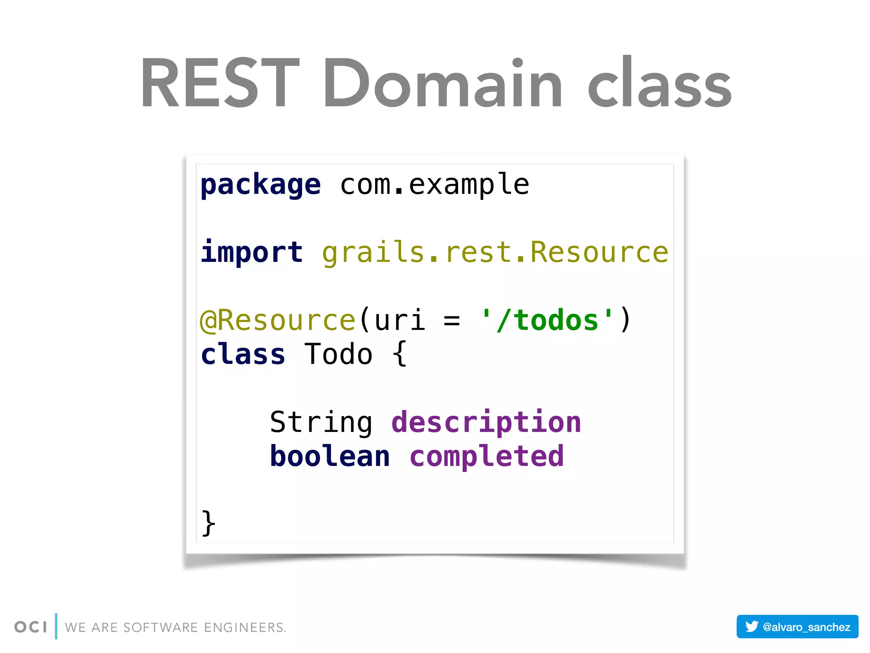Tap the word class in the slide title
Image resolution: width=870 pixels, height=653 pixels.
[x=660, y=83]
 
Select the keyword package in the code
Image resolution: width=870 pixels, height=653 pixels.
[x=260, y=185]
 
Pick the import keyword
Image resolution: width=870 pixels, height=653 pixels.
[x=251, y=253]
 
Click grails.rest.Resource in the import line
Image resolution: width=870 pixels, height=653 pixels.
[x=495, y=253]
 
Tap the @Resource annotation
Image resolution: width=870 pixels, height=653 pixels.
[x=277, y=321]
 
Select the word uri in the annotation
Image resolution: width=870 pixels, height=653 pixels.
[x=399, y=321]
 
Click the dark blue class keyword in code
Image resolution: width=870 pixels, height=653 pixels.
[x=243, y=355]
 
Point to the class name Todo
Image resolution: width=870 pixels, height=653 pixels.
[x=338, y=355]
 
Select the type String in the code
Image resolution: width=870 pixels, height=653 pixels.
[x=321, y=423]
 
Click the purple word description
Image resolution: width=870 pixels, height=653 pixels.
[x=486, y=423]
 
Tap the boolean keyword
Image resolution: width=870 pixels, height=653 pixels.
[x=330, y=457]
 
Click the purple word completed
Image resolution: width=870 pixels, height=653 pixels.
[x=486, y=457]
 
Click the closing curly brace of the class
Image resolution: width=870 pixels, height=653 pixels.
[x=208, y=523]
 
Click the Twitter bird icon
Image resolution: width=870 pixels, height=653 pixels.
[x=751, y=627]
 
